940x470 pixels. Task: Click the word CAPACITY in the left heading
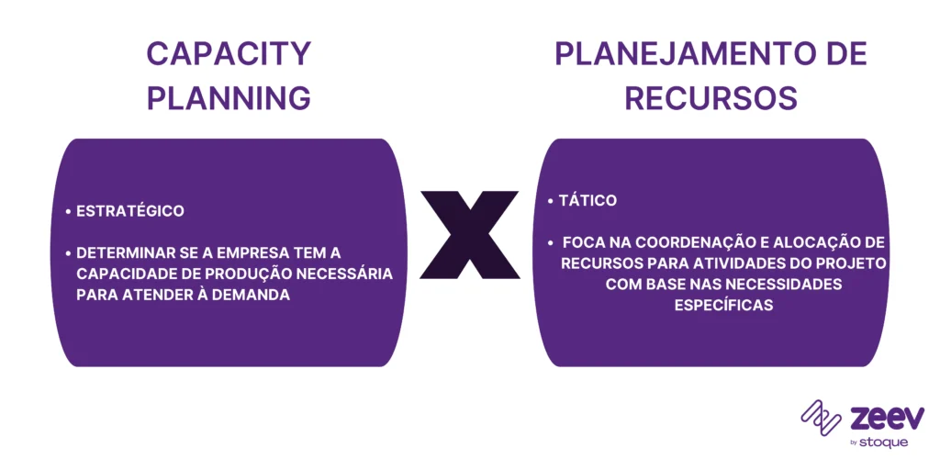229,54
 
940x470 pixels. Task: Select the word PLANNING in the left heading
229,97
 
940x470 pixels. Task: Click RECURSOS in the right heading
711,97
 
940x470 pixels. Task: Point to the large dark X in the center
469,235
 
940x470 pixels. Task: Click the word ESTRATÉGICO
129,211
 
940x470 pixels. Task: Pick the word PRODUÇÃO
264,274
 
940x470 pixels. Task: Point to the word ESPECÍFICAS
723,306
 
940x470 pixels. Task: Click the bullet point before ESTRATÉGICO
69,212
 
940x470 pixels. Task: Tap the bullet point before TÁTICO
549,200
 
